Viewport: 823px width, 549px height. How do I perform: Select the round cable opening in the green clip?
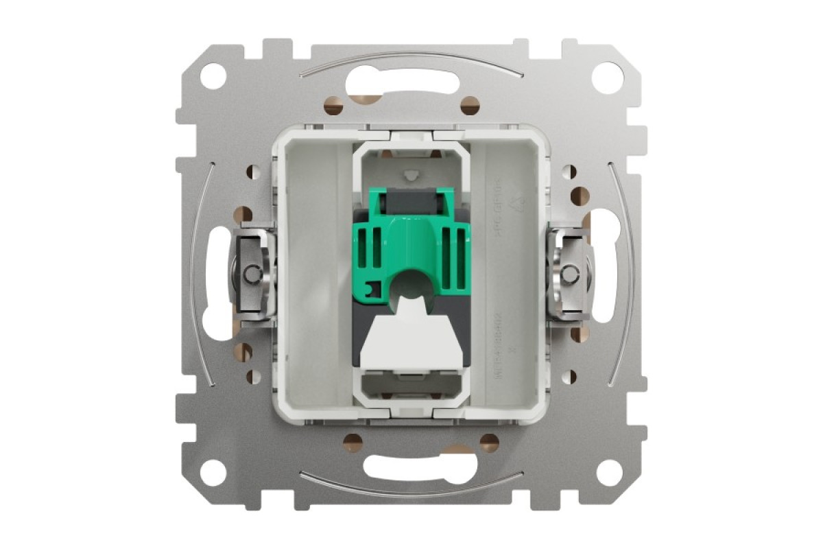coord(410,282)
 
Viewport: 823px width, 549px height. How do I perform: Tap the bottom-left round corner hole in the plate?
coord(213,473)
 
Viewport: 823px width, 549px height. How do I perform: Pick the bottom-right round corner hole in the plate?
coord(608,473)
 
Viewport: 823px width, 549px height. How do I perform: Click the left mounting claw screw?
coord(253,274)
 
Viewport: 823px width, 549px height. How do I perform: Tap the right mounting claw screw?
coord(567,274)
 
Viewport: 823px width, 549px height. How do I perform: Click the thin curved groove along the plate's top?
coord(409,57)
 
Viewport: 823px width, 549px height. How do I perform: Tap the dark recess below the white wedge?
coord(409,387)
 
